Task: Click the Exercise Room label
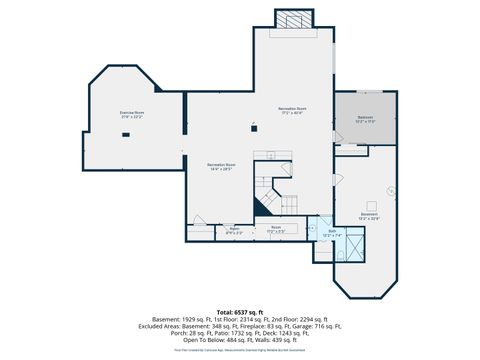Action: (x=133, y=114)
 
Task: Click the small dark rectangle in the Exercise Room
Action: (x=127, y=135)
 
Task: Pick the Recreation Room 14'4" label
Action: (x=221, y=166)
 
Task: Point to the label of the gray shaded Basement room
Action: (x=366, y=119)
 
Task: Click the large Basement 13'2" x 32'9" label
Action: (x=369, y=216)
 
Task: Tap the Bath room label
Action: (x=332, y=233)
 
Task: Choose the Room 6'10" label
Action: (x=235, y=230)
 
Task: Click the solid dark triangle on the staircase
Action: (x=264, y=207)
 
